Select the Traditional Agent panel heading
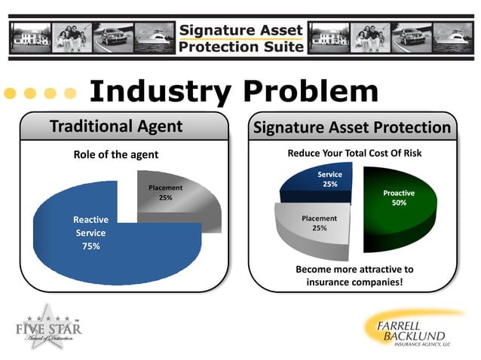click(x=116, y=127)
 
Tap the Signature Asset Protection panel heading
click(x=353, y=127)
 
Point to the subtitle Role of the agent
click(x=116, y=155)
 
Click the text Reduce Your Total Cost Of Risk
click(x=354, y=154)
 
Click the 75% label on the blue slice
click(x=91, y=246)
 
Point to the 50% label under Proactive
click(x=400, y=203)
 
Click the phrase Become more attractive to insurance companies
click(x=354, y=276)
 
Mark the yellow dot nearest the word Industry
click(x=70, y=93)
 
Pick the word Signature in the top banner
click(x=216, y=29)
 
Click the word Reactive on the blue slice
click(x=90, y=219)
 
